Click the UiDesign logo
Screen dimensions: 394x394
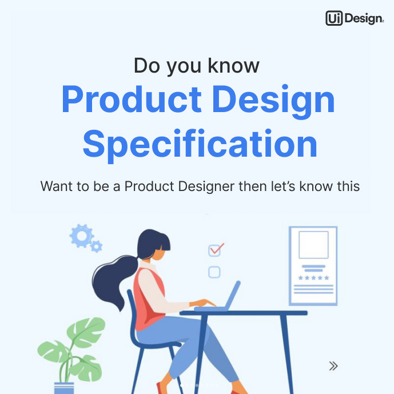(x=354, y=18)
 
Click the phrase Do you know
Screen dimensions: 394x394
(x=196, y=65)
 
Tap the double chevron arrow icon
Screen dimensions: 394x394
(x=333, y=366)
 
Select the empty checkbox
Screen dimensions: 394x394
(x=214, y=272)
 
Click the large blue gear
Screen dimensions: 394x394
(x=81, y=235)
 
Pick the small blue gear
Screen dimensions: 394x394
(x=97, y=247)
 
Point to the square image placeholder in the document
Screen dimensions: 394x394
(x=313, y=245)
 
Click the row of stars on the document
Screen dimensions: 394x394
(x=313, y=278)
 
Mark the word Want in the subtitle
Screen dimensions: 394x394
(x=55, y=186)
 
